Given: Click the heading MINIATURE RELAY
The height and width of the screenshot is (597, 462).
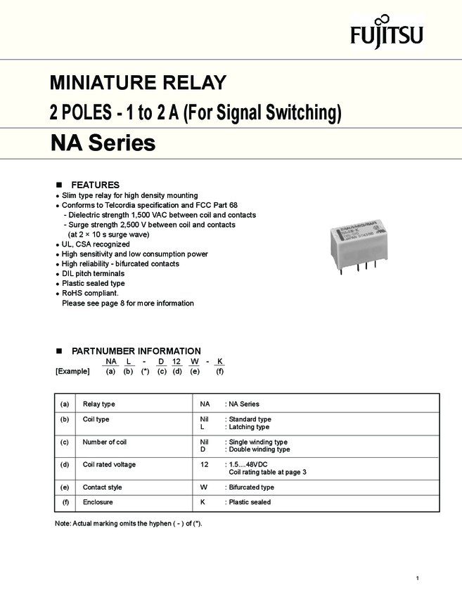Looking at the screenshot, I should [x=138, y=83].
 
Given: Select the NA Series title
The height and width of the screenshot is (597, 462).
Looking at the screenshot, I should [x=103, y=144].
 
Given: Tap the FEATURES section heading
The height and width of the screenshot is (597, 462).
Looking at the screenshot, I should [x=95, y=185].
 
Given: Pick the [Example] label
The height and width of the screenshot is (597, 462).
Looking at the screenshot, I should [x=72, y=372].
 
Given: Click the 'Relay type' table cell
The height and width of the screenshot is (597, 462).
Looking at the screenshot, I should [x=99, y=405].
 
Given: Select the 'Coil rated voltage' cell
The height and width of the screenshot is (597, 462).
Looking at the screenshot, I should [x=109, y=464].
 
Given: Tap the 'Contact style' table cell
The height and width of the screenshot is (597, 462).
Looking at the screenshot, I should [x=102, y=487].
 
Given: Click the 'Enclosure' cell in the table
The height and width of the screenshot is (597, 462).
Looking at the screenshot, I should [x=98, y=502].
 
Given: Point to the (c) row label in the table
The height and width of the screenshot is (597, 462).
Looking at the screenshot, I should [x=65, y=442].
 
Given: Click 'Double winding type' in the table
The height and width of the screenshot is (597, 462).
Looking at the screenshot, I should [x=259, y=450].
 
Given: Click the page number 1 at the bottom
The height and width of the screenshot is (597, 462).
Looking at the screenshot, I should [x=418, y=578].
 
